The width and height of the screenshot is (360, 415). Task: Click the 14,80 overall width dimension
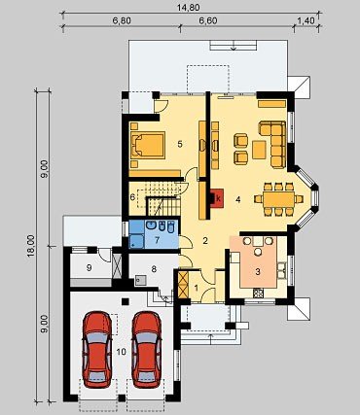[188, 7]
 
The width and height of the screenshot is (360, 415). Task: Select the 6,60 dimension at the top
[208, 21]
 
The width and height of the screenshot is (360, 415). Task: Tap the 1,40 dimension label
[306, 21]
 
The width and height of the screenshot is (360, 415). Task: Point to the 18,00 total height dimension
[30, 246]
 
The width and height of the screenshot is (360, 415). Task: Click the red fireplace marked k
[217, 198]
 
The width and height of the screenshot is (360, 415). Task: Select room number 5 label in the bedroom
[180, 144]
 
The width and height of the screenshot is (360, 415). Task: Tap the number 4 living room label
[238, 200]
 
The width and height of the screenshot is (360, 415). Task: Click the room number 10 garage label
[122, 352]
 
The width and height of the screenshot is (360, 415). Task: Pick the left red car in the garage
[97, 350]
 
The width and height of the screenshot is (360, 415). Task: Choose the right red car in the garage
[147, 350]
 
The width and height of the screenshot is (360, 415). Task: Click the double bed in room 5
[148, 145]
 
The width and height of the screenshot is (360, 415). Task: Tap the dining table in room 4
[279, 199]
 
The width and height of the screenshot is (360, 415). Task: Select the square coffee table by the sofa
[259, 150]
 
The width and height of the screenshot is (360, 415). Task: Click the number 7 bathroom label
[157, 240]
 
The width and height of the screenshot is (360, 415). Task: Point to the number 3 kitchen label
[258, 272]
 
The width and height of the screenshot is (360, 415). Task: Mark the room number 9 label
[90, 267]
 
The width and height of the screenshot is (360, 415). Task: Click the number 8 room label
[154, 268]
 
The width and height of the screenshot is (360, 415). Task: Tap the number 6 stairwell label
[132, 197]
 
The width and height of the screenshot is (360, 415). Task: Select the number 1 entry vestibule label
[196, 287]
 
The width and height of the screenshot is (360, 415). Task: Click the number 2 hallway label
[205, 241]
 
